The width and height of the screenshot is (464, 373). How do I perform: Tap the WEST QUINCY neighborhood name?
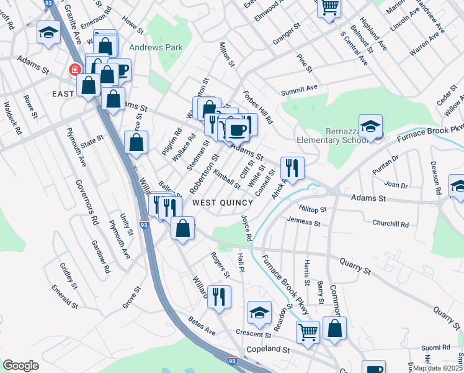tap(222, 203)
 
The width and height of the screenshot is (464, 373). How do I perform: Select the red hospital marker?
tap(75, 70)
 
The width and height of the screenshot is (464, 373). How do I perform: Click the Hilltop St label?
tap(312, 210)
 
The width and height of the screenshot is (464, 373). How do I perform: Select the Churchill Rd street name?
tap(390, 224)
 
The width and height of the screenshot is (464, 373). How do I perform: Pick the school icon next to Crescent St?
tap(260, 312)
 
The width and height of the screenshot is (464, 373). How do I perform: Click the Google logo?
tap(20, 366)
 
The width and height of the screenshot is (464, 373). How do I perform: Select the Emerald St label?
tap(65, 296)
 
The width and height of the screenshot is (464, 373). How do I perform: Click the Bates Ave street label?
tap(202, 328)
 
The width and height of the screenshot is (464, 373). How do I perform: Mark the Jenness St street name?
tap(303, 221)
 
